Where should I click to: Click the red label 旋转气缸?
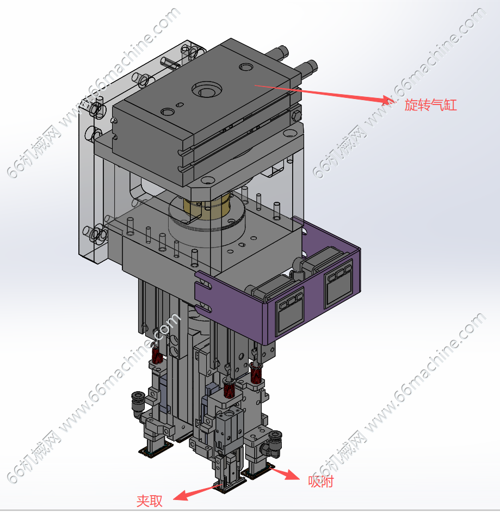click(430, 105)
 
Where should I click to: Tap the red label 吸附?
click(320, 482)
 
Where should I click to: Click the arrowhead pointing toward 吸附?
click(292, 475)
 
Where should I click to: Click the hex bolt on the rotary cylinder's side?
click(296, 116)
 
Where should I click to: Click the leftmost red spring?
click(157, 354)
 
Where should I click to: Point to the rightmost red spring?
click(255, 373)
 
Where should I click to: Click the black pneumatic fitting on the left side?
click(138, 402)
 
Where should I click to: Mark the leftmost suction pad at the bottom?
click(156, 451)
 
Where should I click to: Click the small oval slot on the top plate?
click(180, 105)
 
